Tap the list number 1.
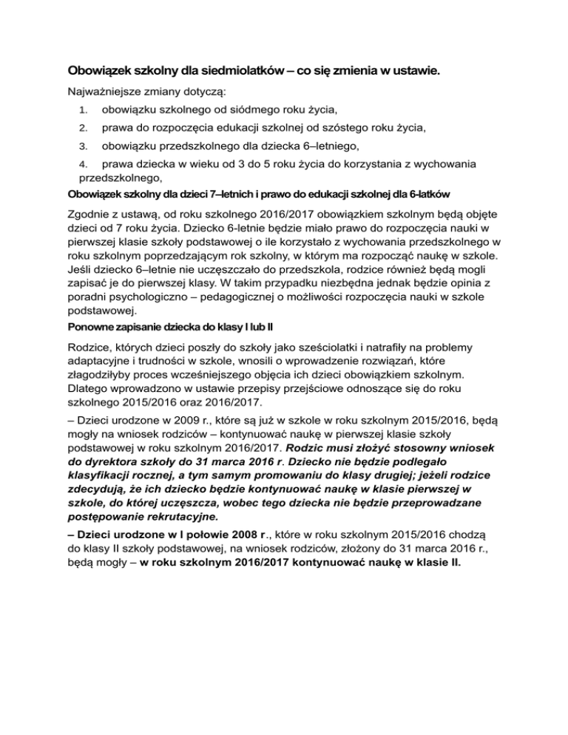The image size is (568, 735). [x=83, y=110]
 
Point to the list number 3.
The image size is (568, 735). [x=83, y=146]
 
